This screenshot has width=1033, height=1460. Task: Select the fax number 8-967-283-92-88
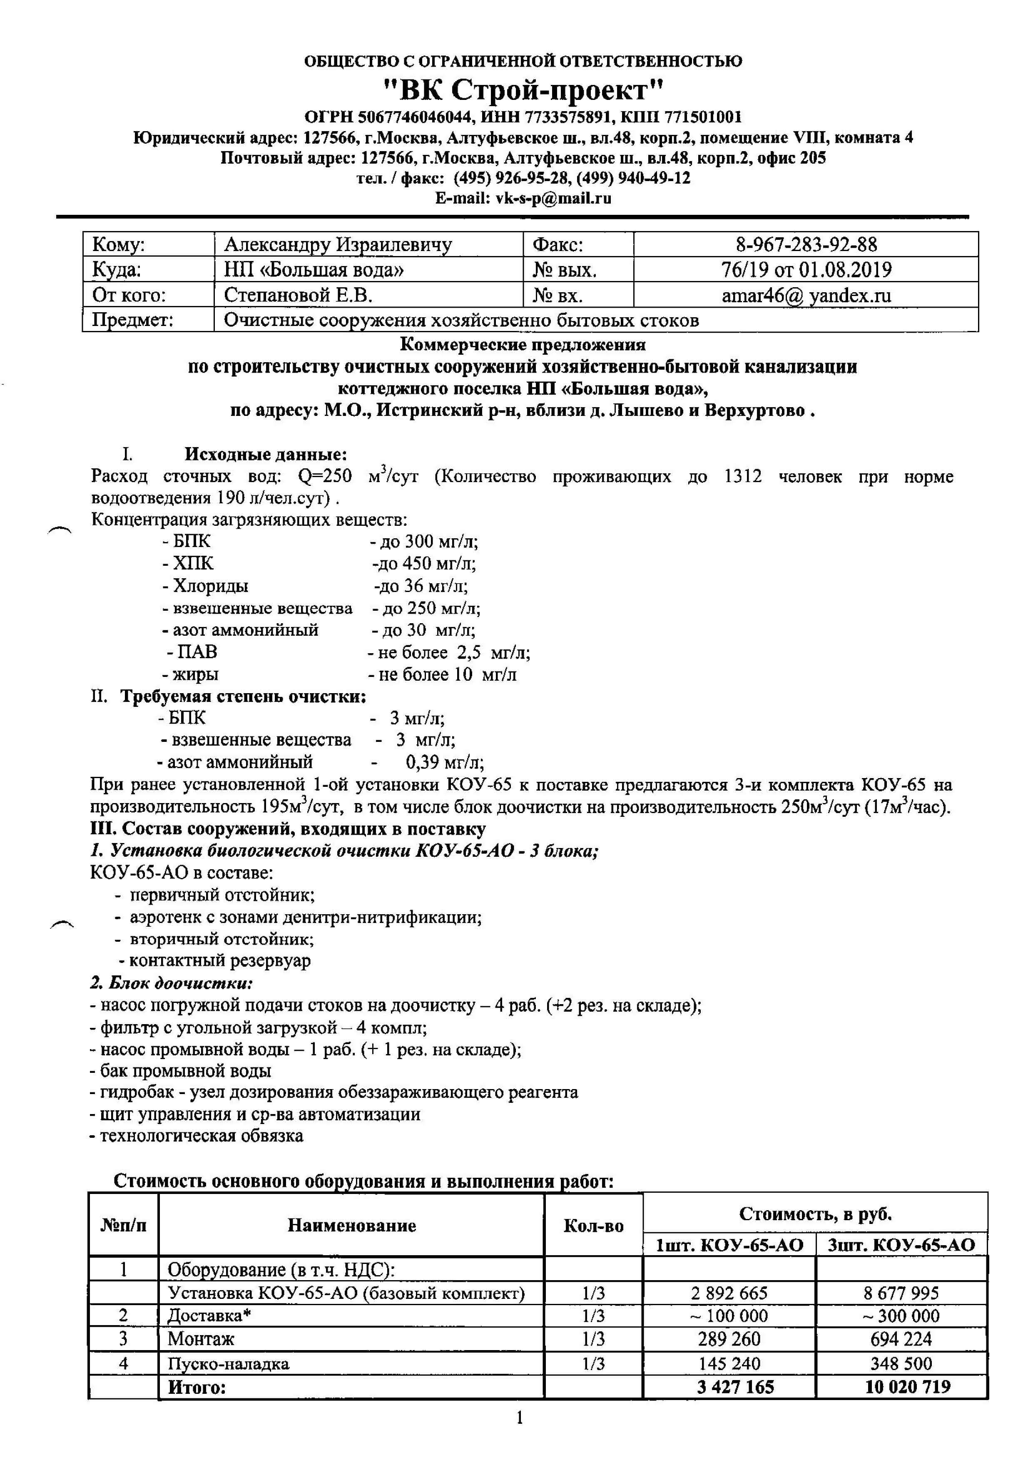(806, 244)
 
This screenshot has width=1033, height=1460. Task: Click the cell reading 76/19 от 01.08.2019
(806, 270)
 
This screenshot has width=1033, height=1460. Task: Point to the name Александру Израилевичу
(338, 244)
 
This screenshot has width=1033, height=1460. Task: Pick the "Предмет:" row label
(133, 320)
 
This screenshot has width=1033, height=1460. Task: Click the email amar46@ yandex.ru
(806, 295)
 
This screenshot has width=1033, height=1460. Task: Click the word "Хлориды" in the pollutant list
(211, 586)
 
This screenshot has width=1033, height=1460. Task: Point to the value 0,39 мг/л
(445, 762)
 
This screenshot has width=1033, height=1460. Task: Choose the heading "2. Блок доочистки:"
(172, 982)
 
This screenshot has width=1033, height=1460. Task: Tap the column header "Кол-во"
(593, 1226)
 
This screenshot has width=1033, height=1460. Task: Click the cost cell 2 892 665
(729, 1293)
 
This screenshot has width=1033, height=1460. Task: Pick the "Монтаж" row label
(201, 1338)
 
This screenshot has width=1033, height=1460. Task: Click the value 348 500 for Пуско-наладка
(901, 1363)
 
